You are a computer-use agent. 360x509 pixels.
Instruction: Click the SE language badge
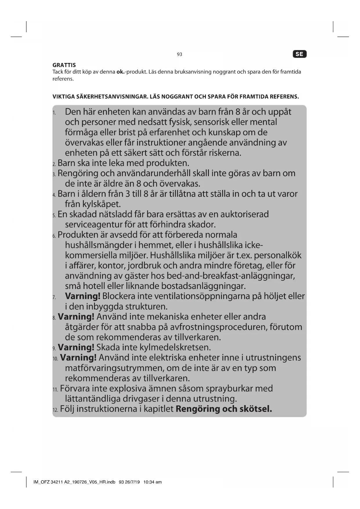pyautogui.click(x=299, y=54)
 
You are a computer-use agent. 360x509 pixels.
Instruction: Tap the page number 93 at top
pyautogui.click(x=179, y=54)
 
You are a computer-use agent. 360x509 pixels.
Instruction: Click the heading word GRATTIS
pyautogui.click(x=64, y=65)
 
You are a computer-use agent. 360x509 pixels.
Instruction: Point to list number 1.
pyautogui.click(x=54, y=113)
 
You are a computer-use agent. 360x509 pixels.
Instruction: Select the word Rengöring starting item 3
pyautogui.click(x=78, y=174)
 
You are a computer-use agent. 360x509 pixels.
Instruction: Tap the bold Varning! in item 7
pyautogui.click(x=83, y=296)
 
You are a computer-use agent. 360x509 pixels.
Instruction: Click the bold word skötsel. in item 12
pyautogui.click(x=256, y=409)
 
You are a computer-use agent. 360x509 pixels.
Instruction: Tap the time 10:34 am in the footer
pyautogui.click(x=153, y=482)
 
